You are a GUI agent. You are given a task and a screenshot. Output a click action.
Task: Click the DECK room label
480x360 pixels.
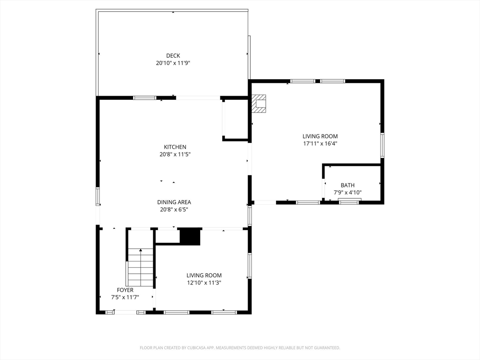point(173,56)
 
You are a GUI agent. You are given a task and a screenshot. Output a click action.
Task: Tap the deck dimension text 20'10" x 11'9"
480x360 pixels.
point(173,63)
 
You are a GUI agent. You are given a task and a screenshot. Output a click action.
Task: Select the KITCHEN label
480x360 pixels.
point(175,147)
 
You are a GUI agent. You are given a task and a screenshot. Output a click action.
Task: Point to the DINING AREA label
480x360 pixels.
point(174,202)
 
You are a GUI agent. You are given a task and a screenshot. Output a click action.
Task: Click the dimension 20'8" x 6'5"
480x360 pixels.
point(174,210)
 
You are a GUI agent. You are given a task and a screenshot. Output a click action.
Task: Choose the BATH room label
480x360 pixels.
point(347,185)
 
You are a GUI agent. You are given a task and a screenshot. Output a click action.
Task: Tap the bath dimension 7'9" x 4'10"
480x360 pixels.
point(347,192)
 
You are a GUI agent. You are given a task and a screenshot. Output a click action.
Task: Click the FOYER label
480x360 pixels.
point(125,290)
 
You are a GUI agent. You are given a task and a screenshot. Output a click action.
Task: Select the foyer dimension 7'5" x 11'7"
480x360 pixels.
point(125,297)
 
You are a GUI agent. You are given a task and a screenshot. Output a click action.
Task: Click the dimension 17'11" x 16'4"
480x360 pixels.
point(320,143)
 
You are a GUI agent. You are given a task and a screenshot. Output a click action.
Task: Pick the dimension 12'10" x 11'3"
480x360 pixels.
point(204,283)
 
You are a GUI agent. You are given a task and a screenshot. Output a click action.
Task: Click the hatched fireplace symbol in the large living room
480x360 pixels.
point(259,104)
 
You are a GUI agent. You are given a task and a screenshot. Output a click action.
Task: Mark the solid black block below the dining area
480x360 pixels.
point(190,236)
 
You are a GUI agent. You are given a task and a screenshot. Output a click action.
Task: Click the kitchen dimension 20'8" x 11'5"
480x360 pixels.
point(175,154)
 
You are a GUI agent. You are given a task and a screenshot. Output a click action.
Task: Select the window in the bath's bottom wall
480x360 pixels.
point(350,202)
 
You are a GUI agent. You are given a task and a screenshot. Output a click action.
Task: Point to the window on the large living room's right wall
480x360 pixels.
point(382,145)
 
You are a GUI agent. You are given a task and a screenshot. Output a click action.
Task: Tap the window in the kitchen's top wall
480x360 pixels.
point(144,98)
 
